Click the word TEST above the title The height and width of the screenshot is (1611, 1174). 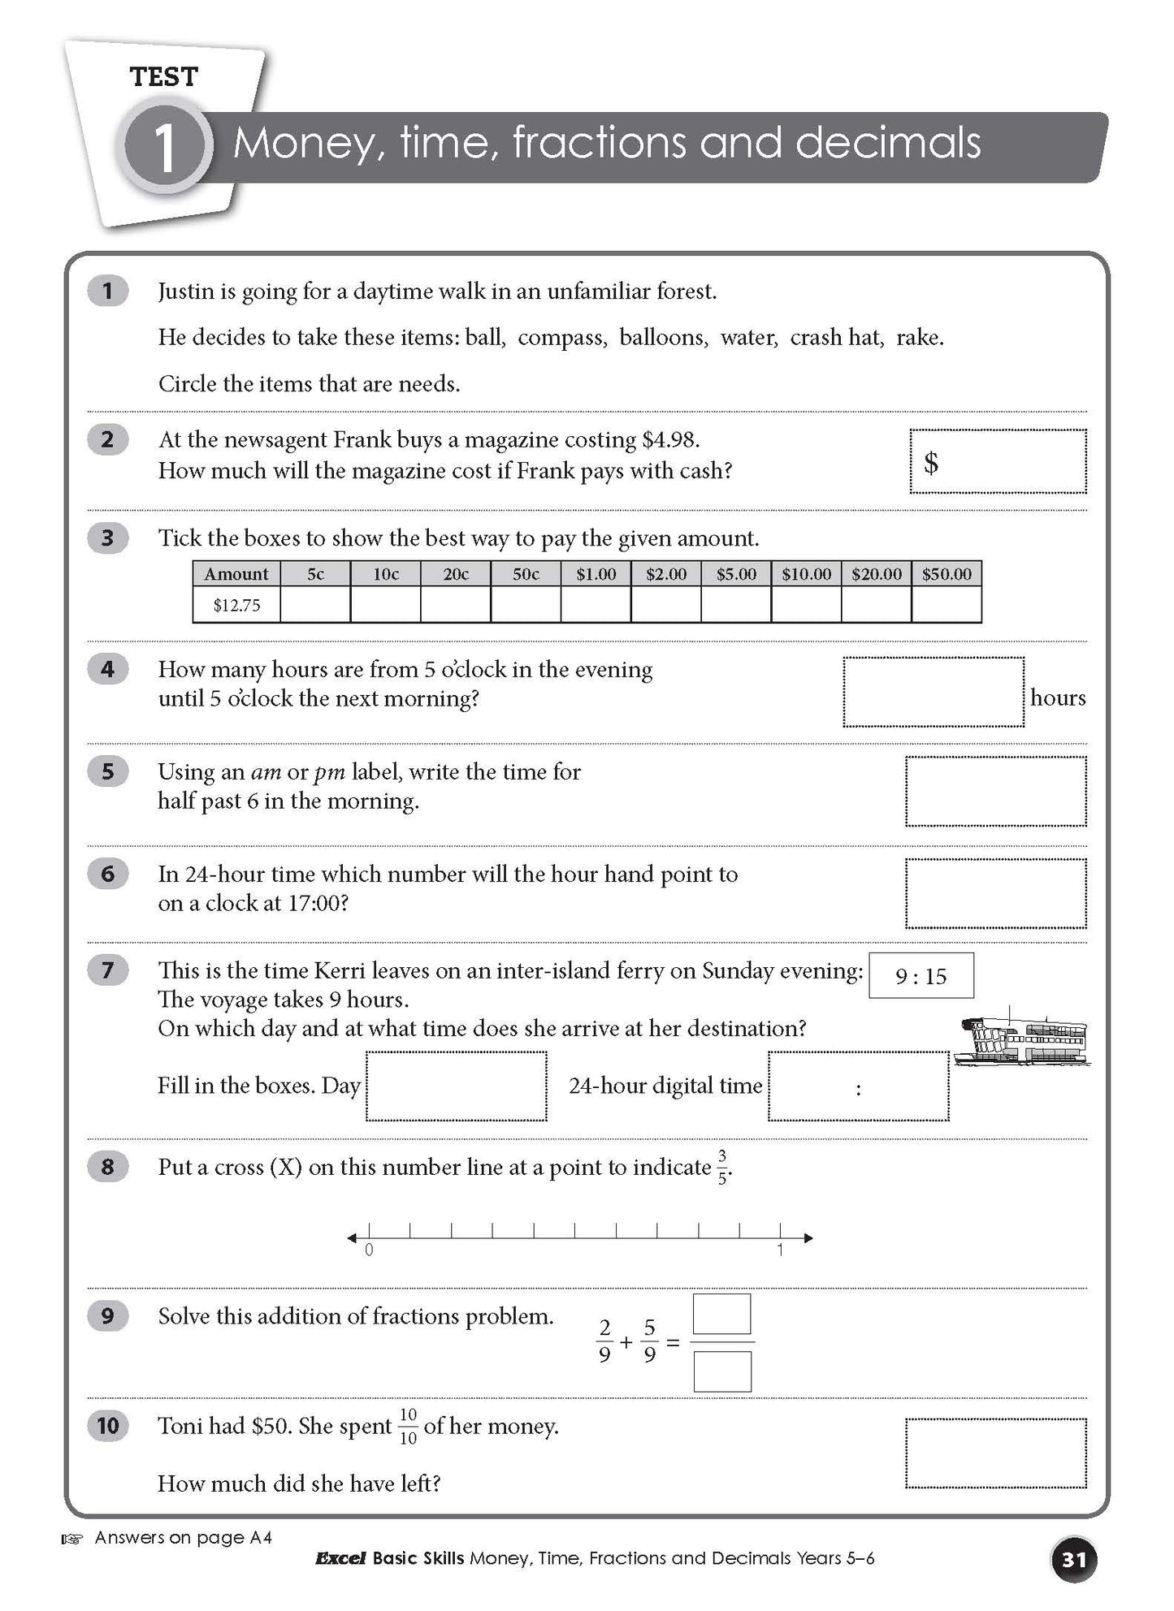click(x=164, y=77)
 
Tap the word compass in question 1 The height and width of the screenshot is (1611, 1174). click(x=562, y=337)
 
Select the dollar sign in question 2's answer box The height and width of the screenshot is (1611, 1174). click(x=931, y=463)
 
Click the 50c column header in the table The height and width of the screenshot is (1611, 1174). click(x=526, y=574)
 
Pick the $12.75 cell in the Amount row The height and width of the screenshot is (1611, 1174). click(x=236, y=605)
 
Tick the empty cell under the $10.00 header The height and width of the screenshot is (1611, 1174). click(x=806, y=605)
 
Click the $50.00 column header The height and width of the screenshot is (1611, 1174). click(x=947, y=574)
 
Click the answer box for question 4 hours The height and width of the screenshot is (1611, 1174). click(x=934, y=692)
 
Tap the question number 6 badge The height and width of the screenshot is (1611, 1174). click(x=108, y=874)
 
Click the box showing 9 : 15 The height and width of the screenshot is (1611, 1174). click(x=921, y=975)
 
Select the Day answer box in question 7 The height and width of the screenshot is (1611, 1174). click(x=456, y=1086)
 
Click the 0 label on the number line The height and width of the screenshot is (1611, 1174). click(x=369, y=1250)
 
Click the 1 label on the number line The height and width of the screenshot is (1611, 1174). click(x=780, y=1250)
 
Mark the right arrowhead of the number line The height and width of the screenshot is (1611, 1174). click(x=808, y=1237)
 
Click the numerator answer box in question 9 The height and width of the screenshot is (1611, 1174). click(x=721, y=1314)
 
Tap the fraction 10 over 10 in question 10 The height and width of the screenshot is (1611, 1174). click(x=408, y=1427)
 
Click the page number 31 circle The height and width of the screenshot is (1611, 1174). click(x=1074, y=1559)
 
